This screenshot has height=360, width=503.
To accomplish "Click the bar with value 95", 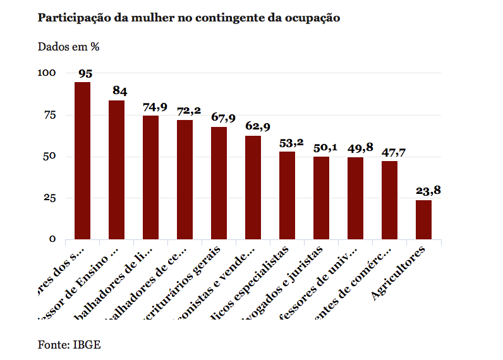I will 82,160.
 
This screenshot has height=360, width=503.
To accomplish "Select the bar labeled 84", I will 116,170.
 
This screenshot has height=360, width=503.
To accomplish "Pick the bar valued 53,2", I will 287,195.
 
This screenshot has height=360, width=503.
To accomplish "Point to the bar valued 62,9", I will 253,188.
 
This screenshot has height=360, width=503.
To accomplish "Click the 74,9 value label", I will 154,107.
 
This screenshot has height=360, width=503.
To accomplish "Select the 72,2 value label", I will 188,111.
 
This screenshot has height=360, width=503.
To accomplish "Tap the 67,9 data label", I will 222,118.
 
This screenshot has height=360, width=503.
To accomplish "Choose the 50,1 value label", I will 325,147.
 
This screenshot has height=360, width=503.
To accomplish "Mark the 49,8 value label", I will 359,148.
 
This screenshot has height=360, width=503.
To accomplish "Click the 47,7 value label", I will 393,152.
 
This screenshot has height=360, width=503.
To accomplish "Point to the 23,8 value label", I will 427,191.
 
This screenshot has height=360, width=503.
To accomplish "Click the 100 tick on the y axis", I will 47,73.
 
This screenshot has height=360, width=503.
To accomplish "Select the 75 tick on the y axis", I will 50,115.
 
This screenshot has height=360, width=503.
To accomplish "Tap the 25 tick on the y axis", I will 50,198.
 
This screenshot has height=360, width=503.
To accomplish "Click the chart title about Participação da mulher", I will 189,18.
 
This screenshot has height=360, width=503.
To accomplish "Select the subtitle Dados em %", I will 69,47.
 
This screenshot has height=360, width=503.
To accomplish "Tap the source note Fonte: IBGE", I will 69,345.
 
